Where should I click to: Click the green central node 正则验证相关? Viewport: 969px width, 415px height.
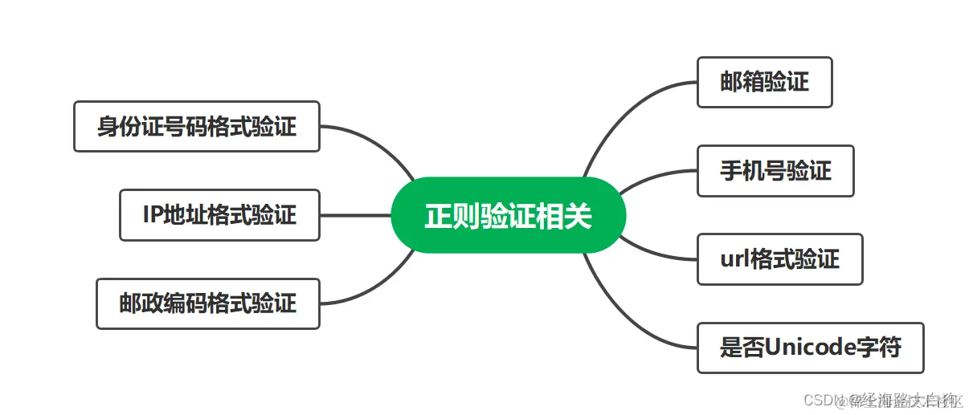coord(507,215)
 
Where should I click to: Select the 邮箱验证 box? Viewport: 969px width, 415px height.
coord(764,82)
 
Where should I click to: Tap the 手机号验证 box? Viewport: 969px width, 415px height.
coord(775,171)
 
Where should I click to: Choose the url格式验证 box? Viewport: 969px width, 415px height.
coord(779,259)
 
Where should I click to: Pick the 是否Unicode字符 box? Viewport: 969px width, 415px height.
coord(810,348)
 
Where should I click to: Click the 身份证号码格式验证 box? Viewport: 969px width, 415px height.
coord(196,126)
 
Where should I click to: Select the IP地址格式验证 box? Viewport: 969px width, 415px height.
coord(219,215)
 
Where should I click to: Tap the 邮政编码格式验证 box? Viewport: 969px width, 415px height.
coord(207,303)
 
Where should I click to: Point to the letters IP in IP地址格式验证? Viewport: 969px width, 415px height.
coord(153,215)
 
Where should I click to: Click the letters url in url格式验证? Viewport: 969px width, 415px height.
coord(733,259)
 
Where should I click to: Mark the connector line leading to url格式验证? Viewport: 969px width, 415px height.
coord(655,253)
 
